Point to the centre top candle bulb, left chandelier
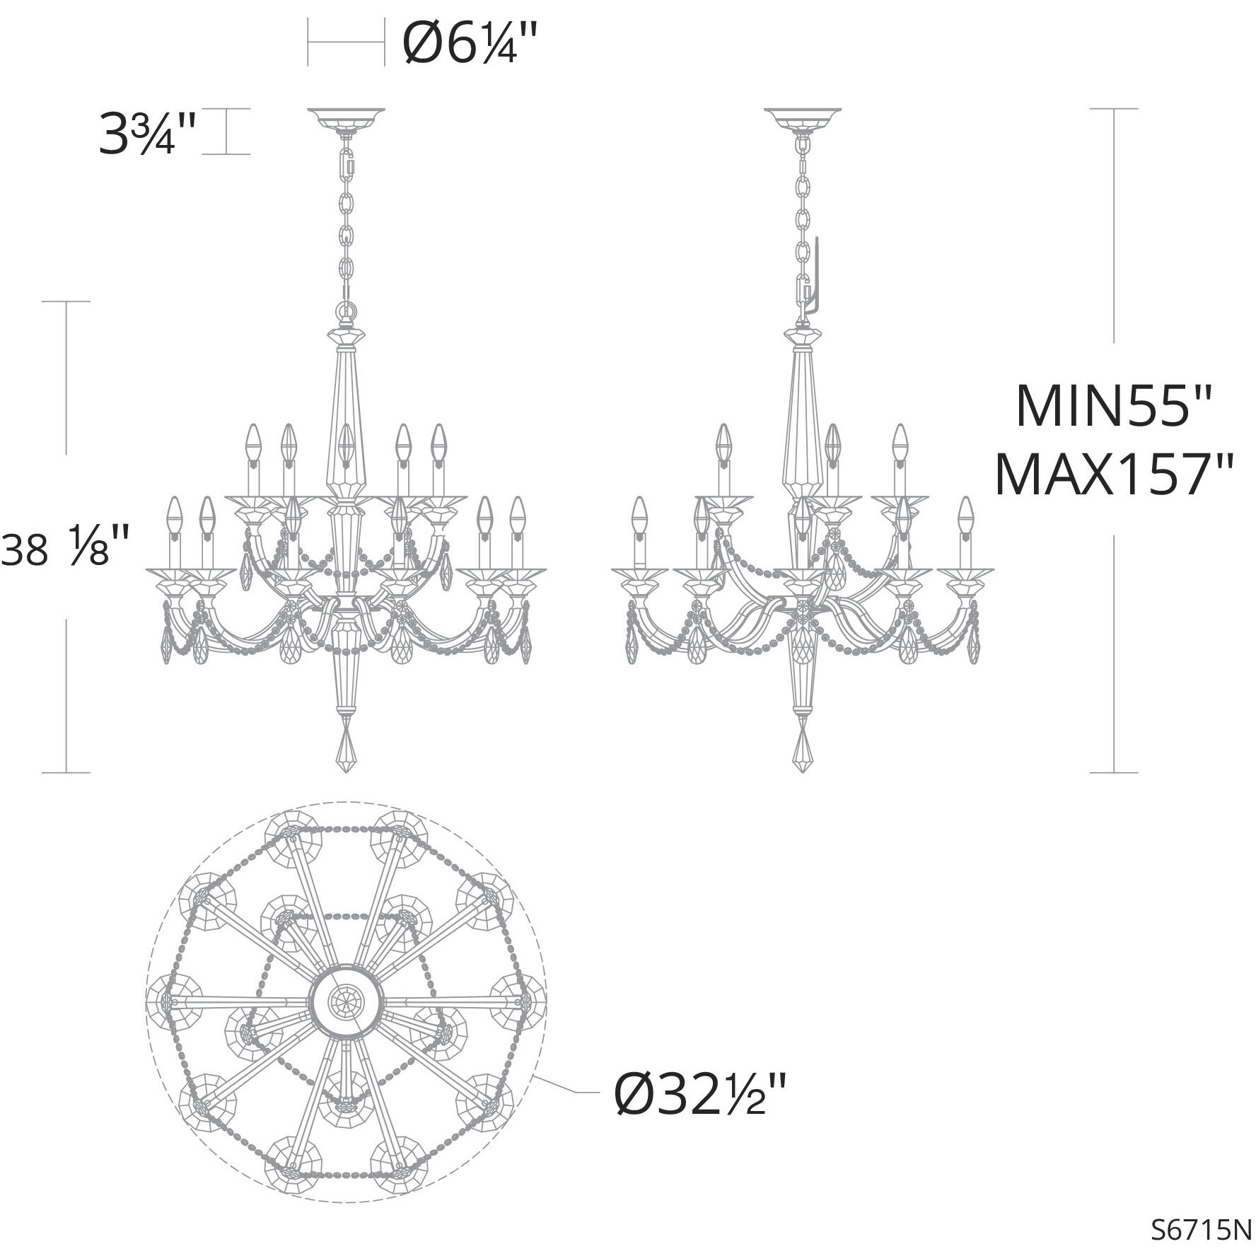pos(345,442)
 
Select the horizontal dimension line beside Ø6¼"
pos(346,43)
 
